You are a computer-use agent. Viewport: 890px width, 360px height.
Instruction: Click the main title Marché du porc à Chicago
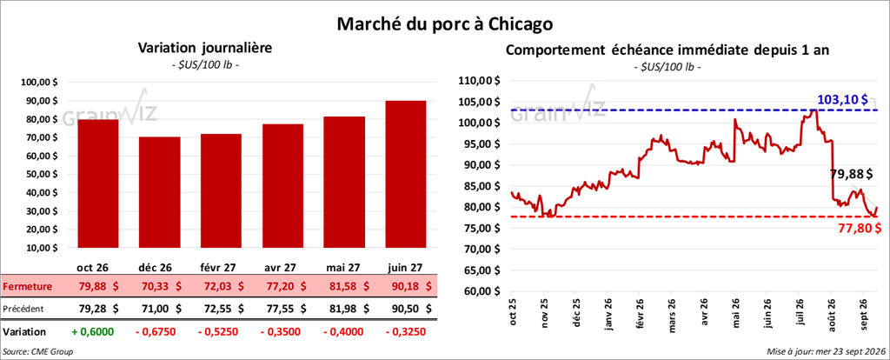coord(444,23)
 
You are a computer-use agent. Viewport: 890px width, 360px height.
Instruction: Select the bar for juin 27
coord(405,174)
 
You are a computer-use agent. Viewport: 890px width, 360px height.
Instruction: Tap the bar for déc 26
coord(160,192)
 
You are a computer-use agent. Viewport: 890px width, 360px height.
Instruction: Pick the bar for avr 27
coord(282,186)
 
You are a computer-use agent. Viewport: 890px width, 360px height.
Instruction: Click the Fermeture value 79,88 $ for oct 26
coord(98,287)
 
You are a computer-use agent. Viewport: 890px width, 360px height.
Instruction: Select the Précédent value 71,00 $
coord(160,309)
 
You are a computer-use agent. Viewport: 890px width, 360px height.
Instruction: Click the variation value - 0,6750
coord(159,331)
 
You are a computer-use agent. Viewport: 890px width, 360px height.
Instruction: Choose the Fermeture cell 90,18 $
coord(405,287)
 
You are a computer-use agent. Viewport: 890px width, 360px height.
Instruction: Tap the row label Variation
coord(24,331)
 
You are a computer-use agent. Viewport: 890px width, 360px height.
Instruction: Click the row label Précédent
coord(23,309)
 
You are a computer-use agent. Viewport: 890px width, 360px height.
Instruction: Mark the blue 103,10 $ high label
coord(841,99)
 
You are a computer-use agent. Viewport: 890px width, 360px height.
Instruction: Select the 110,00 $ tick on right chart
coord(479,81)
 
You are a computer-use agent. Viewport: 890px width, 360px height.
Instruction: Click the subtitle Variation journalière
coord(205,49)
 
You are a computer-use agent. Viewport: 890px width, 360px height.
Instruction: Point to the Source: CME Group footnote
coord(38,352)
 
